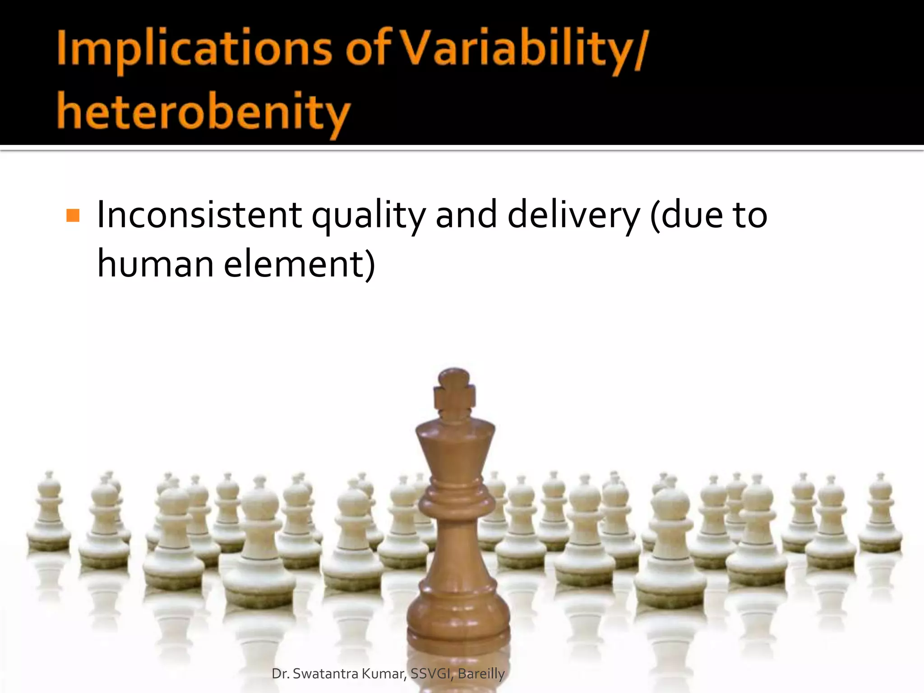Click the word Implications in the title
click(194, 50)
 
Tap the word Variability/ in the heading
click(523, 50)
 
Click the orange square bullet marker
click(73, 215)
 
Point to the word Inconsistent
click(199, 215)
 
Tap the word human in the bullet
click(155, 264)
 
